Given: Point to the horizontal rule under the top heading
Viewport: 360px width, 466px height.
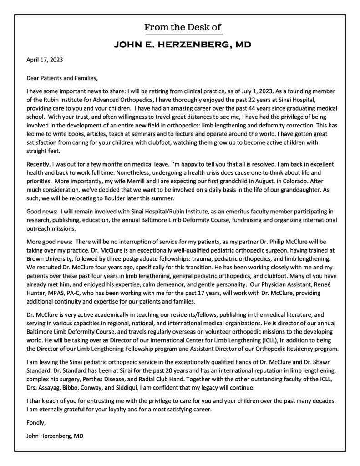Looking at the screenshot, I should point(183,35).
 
